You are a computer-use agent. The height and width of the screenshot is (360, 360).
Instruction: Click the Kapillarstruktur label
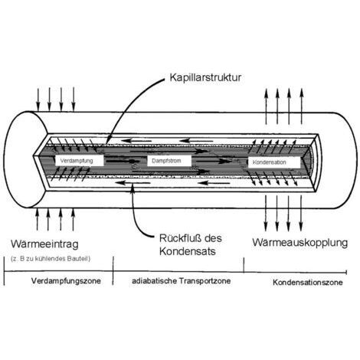tap(205, 77)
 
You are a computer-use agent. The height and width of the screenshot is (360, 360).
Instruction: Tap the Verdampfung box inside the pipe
tap(80, 161)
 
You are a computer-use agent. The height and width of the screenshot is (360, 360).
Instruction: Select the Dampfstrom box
tap(169, 161)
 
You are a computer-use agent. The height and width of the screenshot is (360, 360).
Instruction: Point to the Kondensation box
tap(274, 162)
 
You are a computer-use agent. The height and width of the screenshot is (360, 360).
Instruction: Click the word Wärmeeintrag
tap(44, 244)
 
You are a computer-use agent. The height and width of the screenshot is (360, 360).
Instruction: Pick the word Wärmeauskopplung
tap(300, 243)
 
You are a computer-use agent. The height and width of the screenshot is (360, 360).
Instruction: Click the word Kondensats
tap(188, 251)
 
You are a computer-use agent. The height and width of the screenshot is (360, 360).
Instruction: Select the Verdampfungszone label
tap(66, 281)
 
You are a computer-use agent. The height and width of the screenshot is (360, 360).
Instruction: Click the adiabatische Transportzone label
tap(182, 281)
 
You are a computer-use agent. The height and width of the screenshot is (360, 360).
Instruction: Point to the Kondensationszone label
tap(308, 283)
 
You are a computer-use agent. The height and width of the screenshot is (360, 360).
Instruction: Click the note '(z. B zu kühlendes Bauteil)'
tap(51, 259)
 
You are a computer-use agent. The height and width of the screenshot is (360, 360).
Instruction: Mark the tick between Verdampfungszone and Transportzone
tap(113, 270)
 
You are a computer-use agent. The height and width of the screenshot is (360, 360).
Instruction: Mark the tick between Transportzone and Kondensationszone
tap(244, 265)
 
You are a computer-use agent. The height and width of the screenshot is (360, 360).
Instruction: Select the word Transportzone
tap(205, 281)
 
